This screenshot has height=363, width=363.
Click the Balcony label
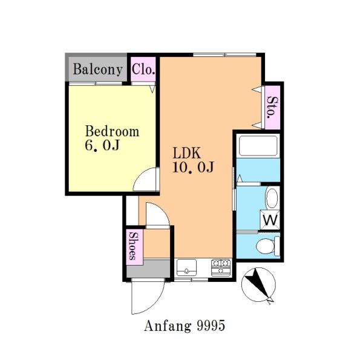pos(97,69)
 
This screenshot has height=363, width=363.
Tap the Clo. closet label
pos(143,69)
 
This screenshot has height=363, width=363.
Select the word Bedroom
pos(113,131)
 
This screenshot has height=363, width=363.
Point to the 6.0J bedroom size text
pos(102,145)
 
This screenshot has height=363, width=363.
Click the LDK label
pos(186,153)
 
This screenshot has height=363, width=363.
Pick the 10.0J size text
pos(193,167)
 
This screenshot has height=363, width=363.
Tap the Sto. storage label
pos(272,108)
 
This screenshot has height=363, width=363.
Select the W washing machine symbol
pos(270,220)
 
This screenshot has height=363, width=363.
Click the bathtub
pos(258,146)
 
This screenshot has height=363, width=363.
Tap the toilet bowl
pos(266,246)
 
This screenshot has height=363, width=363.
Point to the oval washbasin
pos(272,198)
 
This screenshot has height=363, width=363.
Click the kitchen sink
pos(186,267)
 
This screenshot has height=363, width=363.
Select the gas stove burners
pos(221,267)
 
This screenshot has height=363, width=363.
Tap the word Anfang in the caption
pos(168,325)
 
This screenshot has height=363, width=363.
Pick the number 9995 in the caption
pos(211,325)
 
